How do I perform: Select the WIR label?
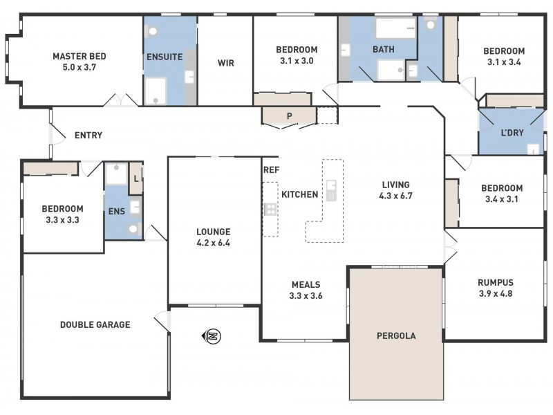(225, 63)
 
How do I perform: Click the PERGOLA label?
(395, 336)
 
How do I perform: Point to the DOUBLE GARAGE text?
(95, 324)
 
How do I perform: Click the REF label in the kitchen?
(270, 169)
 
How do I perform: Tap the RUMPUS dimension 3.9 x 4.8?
(496, 293)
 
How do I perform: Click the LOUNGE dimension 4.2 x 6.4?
(213, 243)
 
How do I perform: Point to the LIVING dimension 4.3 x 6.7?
(395, 196)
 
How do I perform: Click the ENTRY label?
(88, 136)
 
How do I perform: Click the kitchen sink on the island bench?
(332, 190)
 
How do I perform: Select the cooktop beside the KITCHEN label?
(270, 209)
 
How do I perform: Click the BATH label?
(384, 50)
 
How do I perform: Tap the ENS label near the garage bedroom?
(116, 211)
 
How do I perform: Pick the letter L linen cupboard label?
(136, 178)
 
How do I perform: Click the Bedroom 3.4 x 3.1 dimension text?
(502, 199)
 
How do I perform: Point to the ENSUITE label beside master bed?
(164, 57)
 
